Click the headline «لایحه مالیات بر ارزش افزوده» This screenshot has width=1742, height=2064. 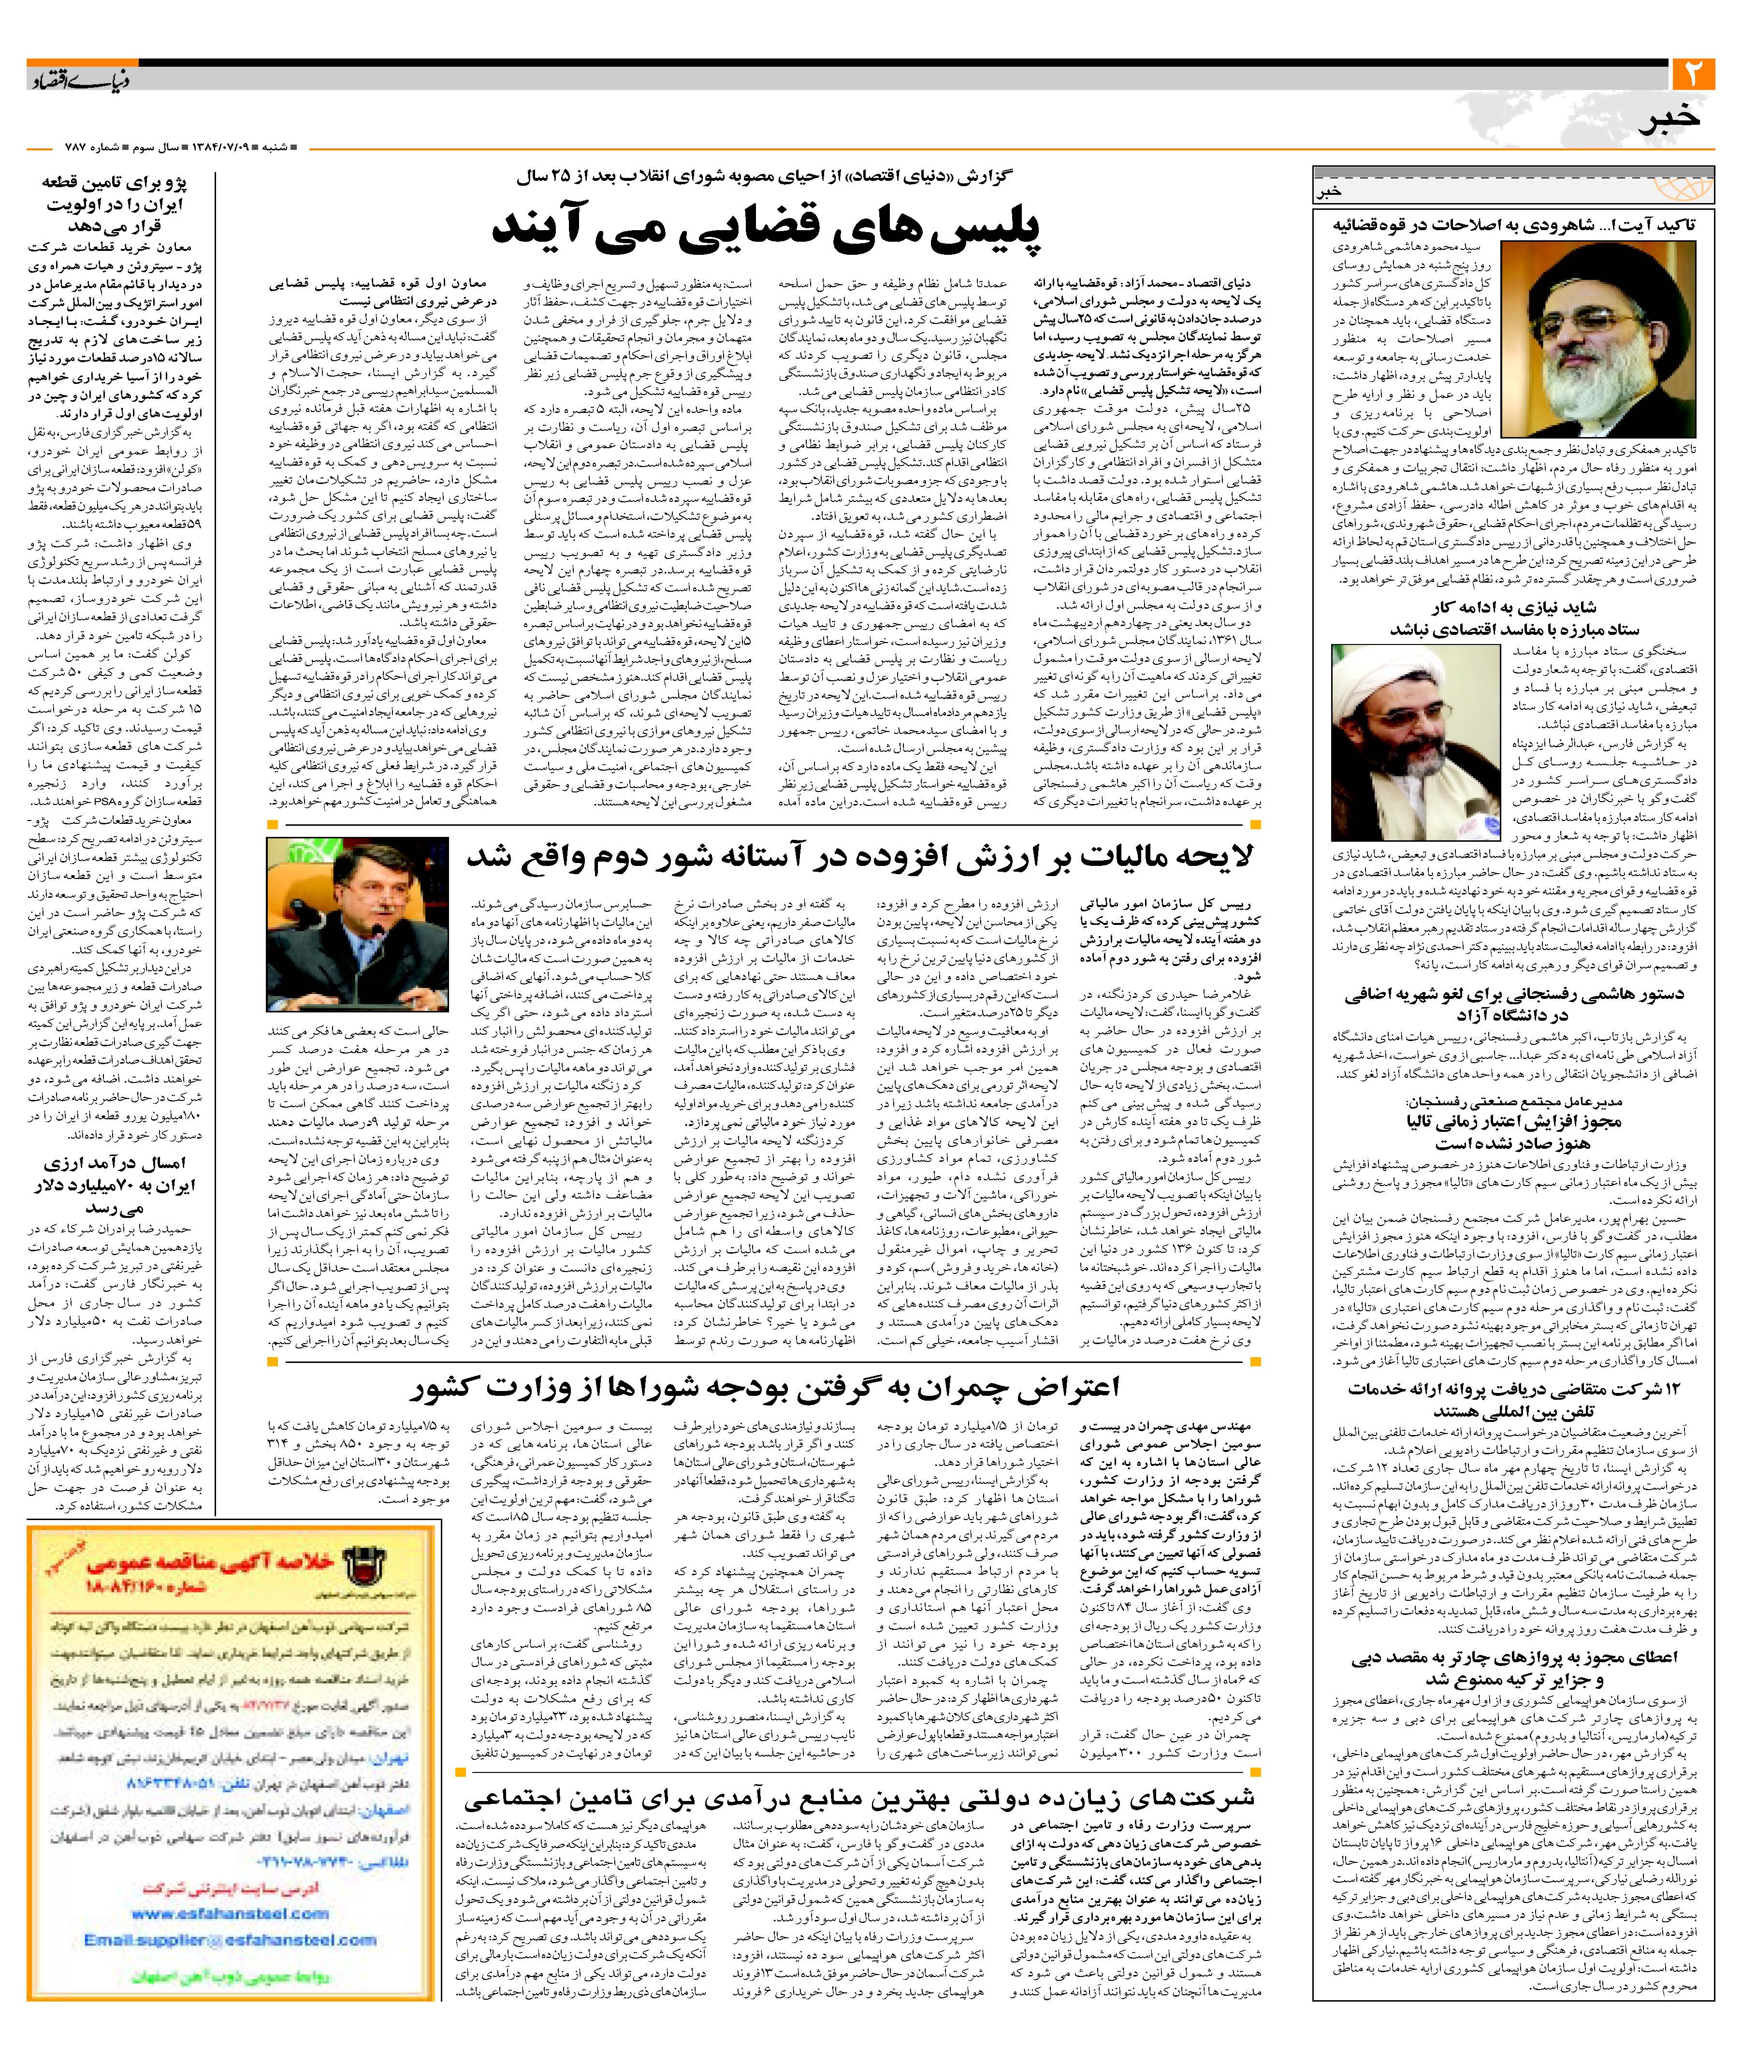pyautogui.click(x=859, y=857)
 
